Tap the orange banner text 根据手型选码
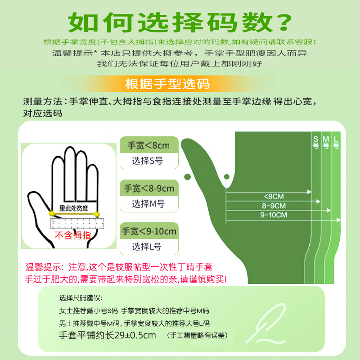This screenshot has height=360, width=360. tap(167, 84)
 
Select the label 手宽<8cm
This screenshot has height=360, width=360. tap(149, 145)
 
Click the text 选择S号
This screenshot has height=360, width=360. tap(147, 161)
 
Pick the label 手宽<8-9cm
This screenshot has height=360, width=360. tap(149, 188)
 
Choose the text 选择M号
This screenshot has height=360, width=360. tap(148, 204)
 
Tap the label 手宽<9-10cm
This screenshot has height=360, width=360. tap(149, 231)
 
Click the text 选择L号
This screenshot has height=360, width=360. tap(147, 247)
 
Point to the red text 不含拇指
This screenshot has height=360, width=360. tap(73, 235)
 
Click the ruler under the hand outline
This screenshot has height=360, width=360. tap(77, 223)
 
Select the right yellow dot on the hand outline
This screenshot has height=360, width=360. tap(97, 215)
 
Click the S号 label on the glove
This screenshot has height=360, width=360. tap(316, 142)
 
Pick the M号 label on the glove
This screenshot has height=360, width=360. tap(326, 142)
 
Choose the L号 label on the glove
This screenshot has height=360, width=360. tap(336, 142)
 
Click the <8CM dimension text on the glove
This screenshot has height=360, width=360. tap(274, 197)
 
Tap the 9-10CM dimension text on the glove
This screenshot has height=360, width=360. tap(274, 215)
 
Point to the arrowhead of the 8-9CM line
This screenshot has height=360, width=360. tap(319, 201)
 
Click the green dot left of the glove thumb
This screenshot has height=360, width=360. tap(188, 177)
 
